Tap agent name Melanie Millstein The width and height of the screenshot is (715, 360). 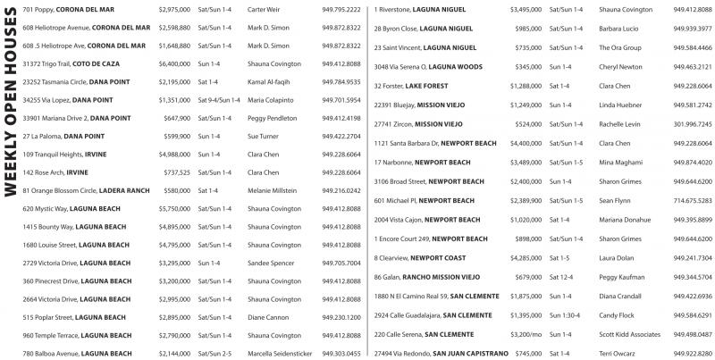click(x=272, y=190)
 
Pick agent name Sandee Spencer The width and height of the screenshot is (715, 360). click(x=270, y=263)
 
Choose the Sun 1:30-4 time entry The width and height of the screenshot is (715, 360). click(x=565, y=315)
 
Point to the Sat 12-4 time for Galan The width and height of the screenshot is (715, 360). click(x=561, y=277)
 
